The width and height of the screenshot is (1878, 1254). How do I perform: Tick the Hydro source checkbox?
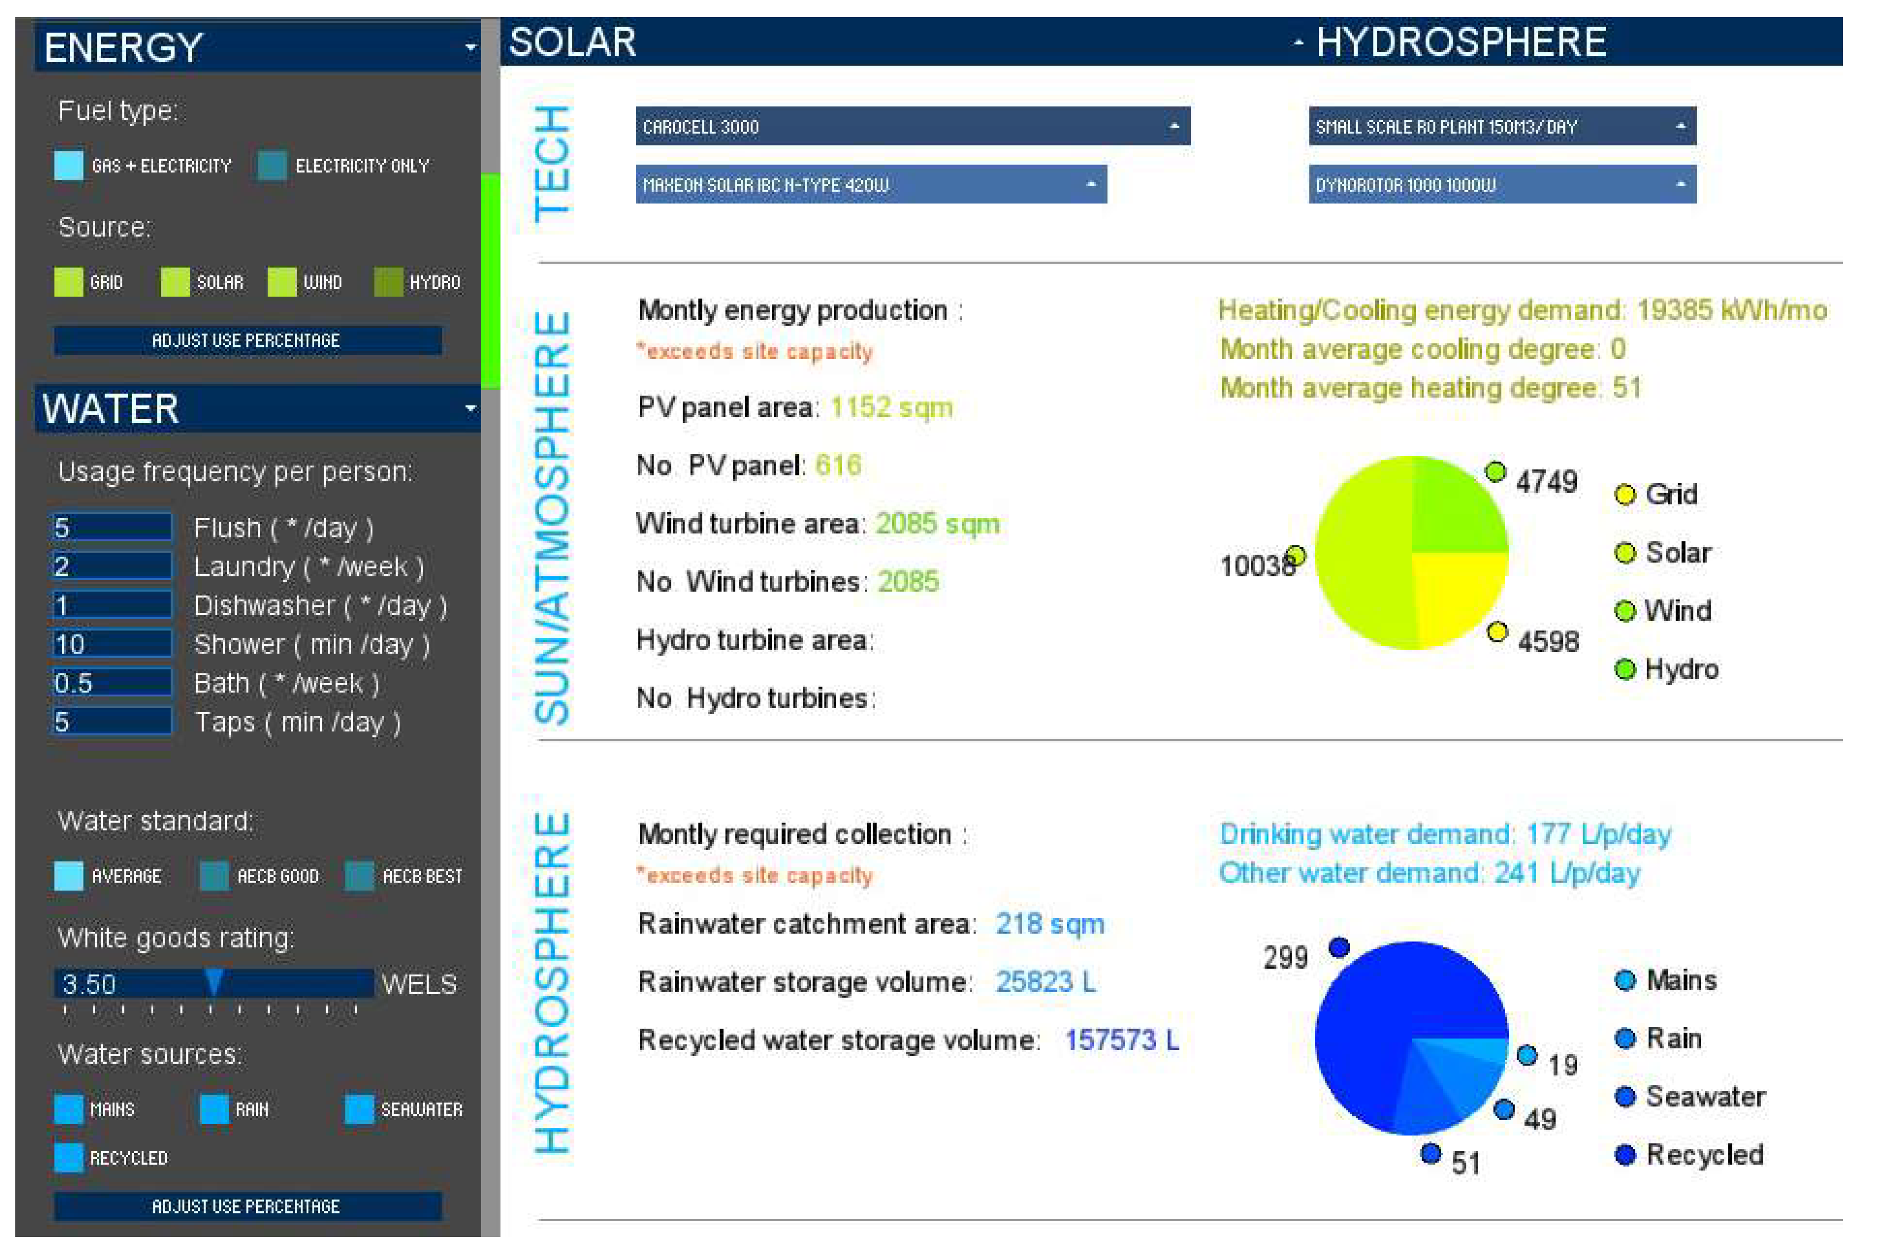389,282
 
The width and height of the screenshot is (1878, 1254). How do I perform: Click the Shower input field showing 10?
111,644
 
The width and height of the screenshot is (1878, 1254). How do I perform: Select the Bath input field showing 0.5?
111,683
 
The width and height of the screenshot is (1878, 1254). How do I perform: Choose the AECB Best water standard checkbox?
360,876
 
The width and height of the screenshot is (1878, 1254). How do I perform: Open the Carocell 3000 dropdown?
912,126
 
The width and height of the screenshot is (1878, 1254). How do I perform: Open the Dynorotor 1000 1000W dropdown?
1501,185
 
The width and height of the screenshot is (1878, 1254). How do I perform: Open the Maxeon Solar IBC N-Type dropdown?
870,185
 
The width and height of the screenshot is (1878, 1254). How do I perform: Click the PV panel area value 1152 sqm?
891,408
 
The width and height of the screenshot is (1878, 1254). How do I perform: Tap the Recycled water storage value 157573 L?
1121,1040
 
